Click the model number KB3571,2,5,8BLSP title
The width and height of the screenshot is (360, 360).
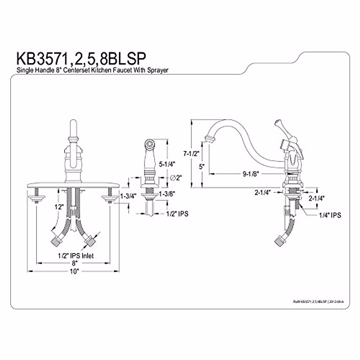[81, 59]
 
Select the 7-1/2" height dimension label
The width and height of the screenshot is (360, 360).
[191, 154]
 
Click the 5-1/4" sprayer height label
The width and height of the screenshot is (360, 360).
[167, 164]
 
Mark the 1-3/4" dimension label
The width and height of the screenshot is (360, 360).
[128, 196]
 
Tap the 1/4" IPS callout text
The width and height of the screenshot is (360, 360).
[330, 215]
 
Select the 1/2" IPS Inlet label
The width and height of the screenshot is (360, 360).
[76, 256]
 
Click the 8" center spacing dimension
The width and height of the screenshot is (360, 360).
[74, 263]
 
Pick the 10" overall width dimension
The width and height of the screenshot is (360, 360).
[74, 271]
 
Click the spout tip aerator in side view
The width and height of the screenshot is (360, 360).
[209, 139]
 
